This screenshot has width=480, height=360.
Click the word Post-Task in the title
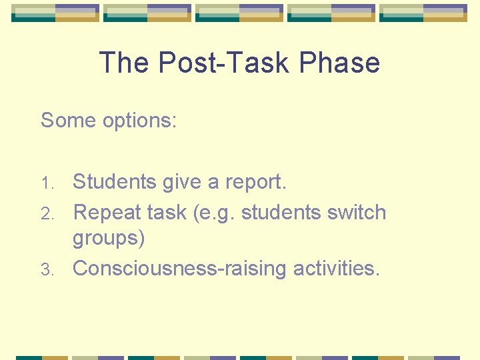click(225, 63)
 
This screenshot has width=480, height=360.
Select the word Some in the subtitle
click(68, 121)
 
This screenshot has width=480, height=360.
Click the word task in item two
click(167, 213)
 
